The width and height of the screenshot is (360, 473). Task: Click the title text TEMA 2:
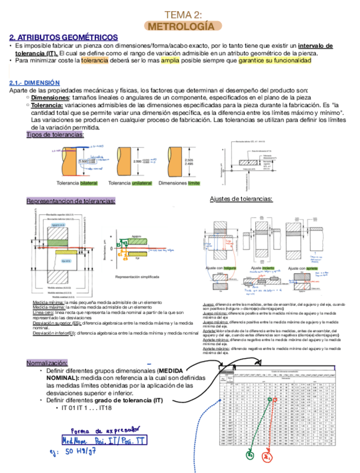183,15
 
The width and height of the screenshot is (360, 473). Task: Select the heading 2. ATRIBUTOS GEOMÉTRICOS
64,37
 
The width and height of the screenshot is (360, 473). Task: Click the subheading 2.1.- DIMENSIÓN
35,83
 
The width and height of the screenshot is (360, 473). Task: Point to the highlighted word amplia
170,60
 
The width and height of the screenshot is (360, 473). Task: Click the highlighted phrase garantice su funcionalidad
274,60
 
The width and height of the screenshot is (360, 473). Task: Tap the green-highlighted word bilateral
89,183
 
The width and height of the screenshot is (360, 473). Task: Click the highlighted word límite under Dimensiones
193,183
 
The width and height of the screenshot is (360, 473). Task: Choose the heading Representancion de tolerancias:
71,201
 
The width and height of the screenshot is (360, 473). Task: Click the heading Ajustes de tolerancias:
241,199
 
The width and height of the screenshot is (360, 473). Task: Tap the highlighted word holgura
230,268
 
